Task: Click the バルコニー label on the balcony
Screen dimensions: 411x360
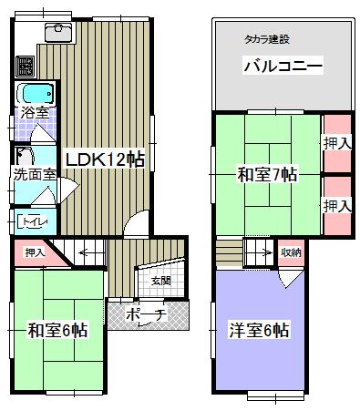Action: coord(283,67)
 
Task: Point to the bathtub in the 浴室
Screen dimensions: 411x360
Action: coord(34,95)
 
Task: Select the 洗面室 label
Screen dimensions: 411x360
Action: coord(31,174)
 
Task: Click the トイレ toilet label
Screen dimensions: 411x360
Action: coord(35,220)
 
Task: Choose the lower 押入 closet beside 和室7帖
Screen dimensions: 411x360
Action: coord(336,206)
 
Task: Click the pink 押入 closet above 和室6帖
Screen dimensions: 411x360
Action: coord(35,252)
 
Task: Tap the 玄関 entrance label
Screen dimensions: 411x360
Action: coord(160,280)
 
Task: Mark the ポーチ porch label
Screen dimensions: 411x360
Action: coord(146,315)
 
